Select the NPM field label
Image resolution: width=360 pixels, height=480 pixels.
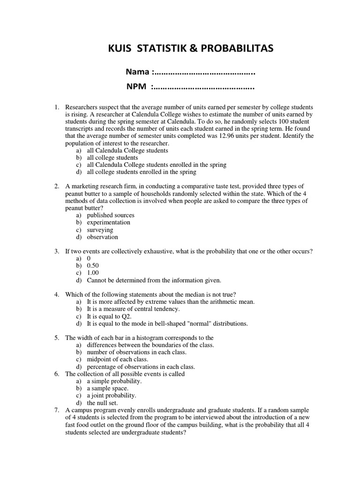point(139,87)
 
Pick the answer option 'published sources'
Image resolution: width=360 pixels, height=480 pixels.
point(111,215)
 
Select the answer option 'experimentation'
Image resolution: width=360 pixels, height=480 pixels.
point(109,222)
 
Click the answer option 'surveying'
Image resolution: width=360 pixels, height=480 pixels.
point(100,230)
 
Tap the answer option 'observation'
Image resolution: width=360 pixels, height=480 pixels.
point(103,237)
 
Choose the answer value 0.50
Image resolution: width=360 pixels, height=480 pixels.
point(93,266)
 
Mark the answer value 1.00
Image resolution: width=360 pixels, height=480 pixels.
point(93,273)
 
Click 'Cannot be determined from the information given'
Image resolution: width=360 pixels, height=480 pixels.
point(154,280)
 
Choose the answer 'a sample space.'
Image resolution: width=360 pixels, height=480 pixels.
point(107,388)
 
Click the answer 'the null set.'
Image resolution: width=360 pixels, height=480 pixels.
point(102,403)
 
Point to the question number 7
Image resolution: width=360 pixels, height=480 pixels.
point(57,410)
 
